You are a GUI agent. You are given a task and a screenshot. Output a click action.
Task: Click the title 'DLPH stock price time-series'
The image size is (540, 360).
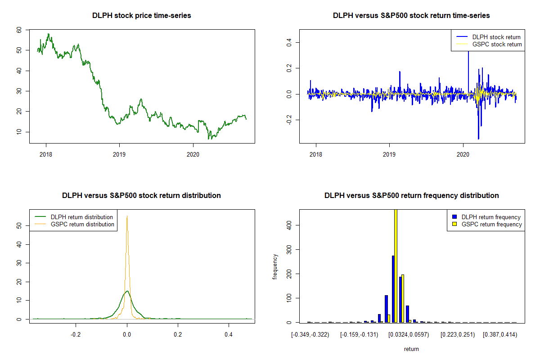point(141,15)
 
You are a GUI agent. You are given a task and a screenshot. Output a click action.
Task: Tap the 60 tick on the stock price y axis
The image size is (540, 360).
point(19,30)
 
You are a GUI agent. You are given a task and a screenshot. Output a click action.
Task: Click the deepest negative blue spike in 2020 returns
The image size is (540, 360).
point(478,138)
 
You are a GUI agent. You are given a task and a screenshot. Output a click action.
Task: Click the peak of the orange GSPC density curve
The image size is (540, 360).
point(127,216)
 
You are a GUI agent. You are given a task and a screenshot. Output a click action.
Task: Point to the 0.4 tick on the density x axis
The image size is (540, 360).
point(229,334)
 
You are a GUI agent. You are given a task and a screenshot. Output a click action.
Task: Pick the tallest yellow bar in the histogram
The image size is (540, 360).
point(396,265)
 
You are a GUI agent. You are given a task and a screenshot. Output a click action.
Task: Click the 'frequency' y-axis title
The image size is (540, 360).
point(275,267)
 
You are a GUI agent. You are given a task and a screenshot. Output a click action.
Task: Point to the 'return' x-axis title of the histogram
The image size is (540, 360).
point(411,349)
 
